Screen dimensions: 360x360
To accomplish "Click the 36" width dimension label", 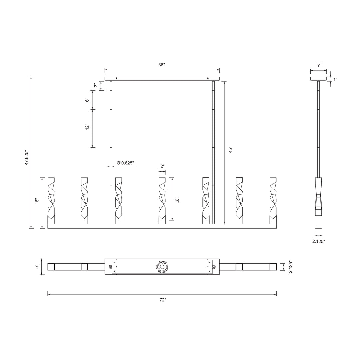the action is (x=162, y=65).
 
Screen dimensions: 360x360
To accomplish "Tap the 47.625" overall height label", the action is (x=27, y=158).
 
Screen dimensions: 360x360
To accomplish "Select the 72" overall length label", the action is (x=163, y=300).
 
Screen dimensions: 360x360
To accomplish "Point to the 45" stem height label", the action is (x=231, y=149).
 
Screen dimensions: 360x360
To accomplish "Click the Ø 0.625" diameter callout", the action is (x=125, y=163).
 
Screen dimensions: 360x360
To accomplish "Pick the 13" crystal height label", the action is (x=177, y=200).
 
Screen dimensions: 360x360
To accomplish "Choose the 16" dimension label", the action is (x=37, y=201).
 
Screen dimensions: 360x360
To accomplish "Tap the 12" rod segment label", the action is (x=87, y=127).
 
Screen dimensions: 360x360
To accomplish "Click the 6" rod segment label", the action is (x=87, y=100).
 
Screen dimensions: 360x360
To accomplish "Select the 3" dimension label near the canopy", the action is (x=96, y=85).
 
